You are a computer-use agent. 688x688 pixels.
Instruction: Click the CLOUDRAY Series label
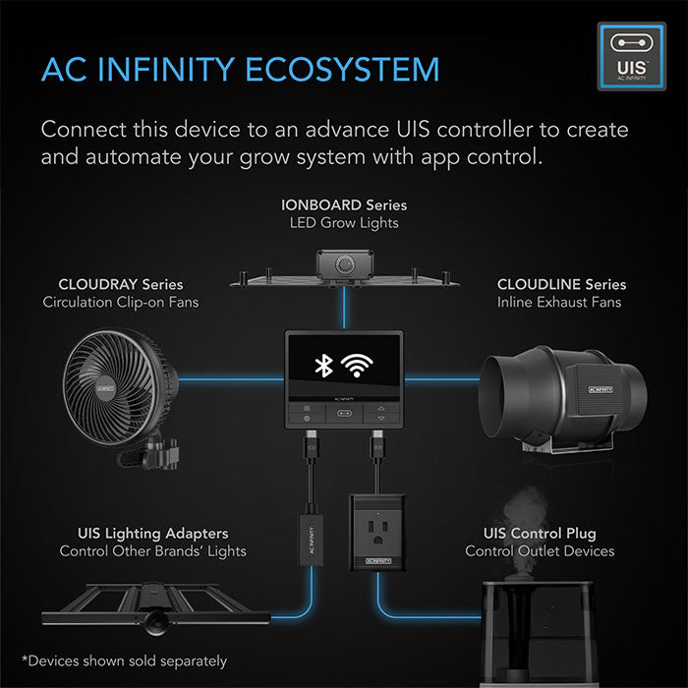(121, 285)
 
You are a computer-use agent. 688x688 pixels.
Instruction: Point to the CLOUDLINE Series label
(561, 285)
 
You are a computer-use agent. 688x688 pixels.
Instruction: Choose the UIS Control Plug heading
(540, 534)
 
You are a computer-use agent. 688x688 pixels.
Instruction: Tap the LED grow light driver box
(343, 264)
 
